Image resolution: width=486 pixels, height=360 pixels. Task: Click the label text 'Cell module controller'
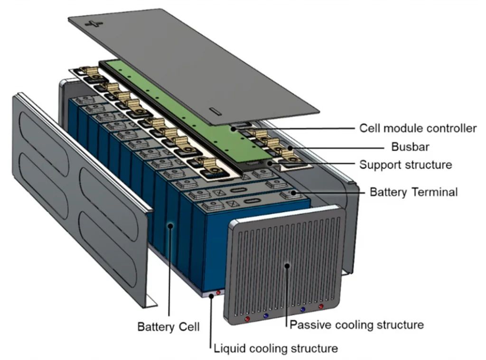pyautogui.click(x=418, y=128)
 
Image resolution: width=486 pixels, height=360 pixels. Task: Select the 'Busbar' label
pyautogui.click(x=410, y=147)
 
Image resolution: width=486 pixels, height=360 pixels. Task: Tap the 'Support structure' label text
pyautogui.click(x=405, y=165)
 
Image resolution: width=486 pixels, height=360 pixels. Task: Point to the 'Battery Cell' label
pyautogui.click(x=168, y=327)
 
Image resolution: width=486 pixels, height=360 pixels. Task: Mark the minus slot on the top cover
pyautogui.click(x=215, y=112)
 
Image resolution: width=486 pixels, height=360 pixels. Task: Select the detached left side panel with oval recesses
pyautogui.click(x=81, y=190)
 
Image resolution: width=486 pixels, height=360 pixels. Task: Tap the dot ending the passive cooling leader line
pyautogui.click(x=287, y=264)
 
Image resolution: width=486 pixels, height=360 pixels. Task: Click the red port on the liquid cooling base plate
pyautogui.click(x=218, y=293)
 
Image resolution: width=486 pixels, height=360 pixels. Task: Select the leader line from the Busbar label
pyautogui.click(x=332, y=147)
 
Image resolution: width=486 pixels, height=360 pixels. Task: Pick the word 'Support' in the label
pyautogui.click(x=377, y=165)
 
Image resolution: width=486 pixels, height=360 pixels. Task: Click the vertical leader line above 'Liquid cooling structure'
pyautogui.click(x=210, y=323)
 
